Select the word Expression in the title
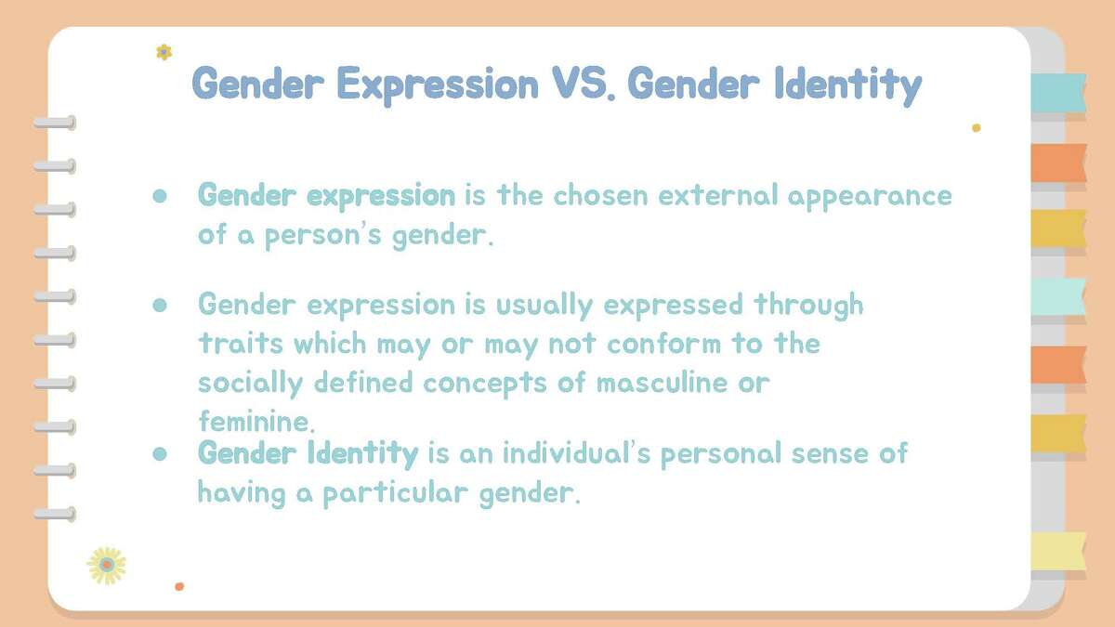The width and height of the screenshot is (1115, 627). pos(437,85)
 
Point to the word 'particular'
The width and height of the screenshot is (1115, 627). pos(396,492)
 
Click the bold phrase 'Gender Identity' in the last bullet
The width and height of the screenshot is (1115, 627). pos(308,453)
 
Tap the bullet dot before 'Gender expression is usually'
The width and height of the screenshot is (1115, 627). pos(159,305)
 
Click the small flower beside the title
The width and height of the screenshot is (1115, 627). pos(164,52)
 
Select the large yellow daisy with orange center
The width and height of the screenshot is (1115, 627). pos(107,565)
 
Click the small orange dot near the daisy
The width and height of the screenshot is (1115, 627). pos(179,586)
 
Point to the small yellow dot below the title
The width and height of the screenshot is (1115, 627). pos(976,128)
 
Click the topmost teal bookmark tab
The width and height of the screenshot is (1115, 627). pos(1058,92)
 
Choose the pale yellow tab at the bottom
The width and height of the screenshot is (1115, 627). pos(1058,551)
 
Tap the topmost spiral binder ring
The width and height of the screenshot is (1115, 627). pos(55,123)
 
